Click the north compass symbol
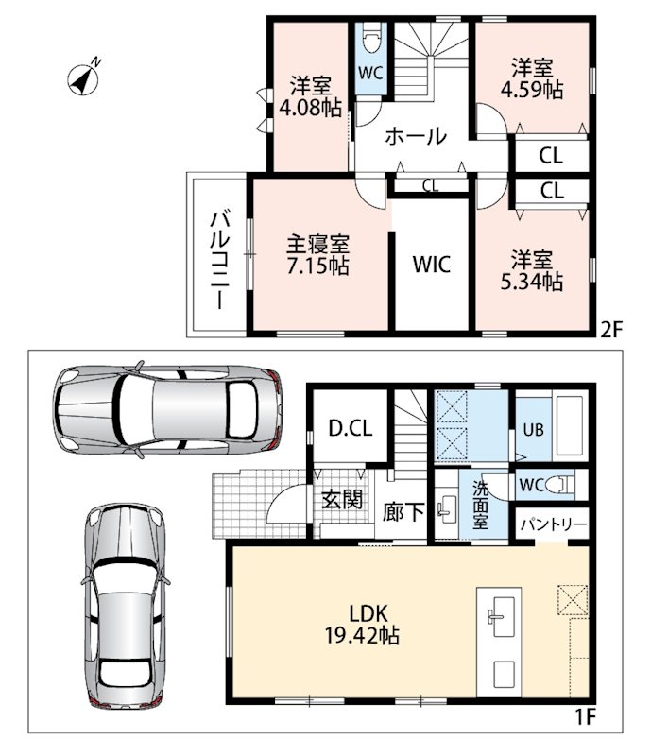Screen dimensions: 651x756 click(x=84, y=78)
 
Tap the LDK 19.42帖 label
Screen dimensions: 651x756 click(x=362, y=625)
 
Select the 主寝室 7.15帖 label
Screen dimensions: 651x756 click(x=317, y=254)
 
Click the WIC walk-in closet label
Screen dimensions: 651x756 click(x=432, y=265)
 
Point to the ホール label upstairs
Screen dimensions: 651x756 click(x=416, y=136)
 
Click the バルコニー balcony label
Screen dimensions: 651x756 click(x=219, y=259)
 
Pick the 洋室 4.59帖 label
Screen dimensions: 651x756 click(x=532, y=79)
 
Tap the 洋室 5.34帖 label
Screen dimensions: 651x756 click(x=531, y=270)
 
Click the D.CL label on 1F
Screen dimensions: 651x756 click(x=351, y=428)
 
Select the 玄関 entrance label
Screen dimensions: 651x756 click(x=342, y=499)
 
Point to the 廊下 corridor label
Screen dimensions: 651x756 click(x=403, y=512)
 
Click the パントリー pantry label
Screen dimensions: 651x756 click(x=554, y=524)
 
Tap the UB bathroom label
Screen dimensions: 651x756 click(x=533, y=429)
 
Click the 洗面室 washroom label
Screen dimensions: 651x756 click(x=481, y=505)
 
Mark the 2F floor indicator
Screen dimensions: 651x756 click(x=612, y=330)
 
